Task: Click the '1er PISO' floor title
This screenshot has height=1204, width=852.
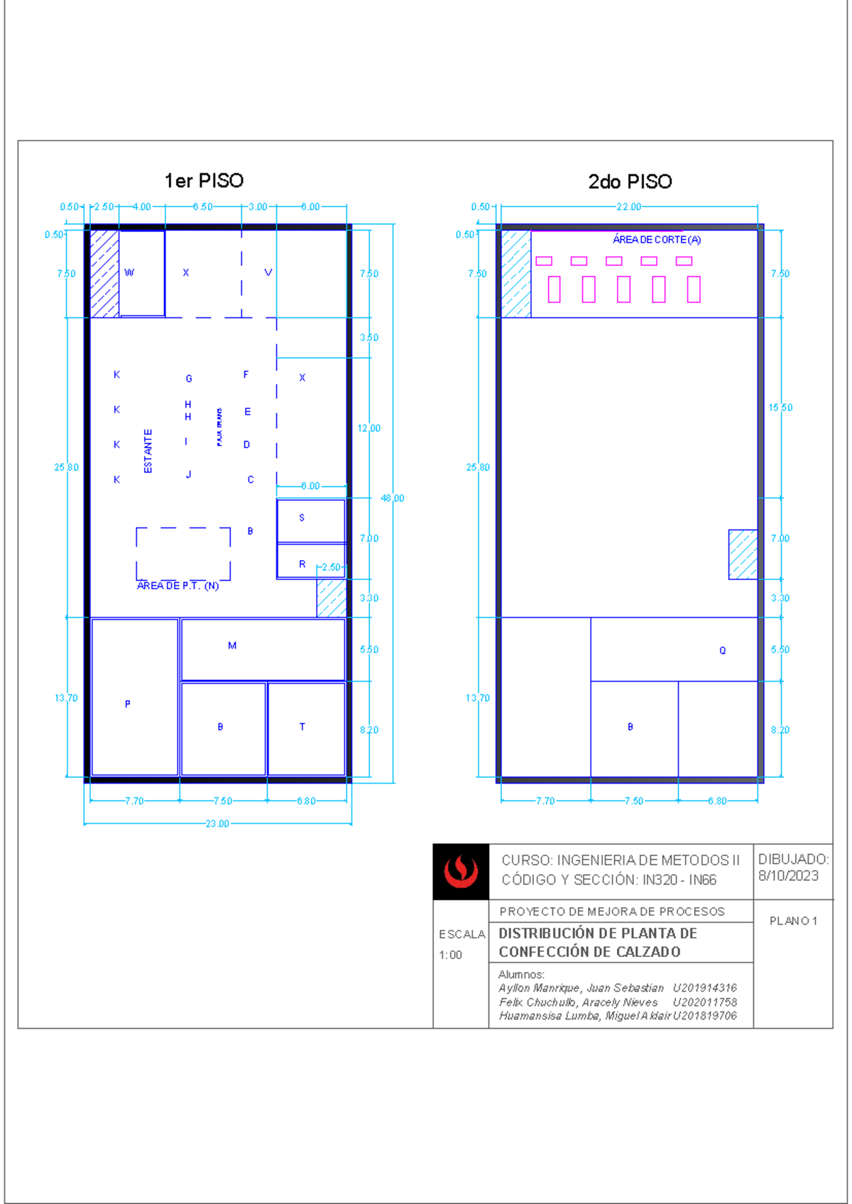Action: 204,181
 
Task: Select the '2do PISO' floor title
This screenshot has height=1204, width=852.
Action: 630,182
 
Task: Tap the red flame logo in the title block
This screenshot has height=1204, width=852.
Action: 461,872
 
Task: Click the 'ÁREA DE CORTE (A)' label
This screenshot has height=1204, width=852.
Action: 657,240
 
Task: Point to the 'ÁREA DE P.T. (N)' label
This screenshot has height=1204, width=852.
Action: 177,586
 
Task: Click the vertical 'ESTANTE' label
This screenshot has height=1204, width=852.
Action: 148,451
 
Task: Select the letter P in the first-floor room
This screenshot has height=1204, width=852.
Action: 128,704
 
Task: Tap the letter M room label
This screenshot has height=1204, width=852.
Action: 232,646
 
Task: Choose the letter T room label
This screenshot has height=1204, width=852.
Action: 302,727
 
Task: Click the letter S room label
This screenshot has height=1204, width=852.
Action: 302,518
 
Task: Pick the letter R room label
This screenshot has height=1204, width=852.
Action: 302,564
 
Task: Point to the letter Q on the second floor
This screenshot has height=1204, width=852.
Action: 723,651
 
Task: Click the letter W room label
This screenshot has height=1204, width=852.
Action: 129,273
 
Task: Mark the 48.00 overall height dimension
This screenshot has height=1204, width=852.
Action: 393,498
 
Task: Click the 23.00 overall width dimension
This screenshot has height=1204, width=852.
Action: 217,824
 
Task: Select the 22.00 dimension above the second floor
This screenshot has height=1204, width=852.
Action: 628,207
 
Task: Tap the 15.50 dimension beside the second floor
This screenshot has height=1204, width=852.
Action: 780,408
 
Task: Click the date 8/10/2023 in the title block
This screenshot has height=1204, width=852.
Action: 788,876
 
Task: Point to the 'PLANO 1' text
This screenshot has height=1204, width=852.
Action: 793,921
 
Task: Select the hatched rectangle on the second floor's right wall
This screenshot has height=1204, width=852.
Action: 743,554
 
